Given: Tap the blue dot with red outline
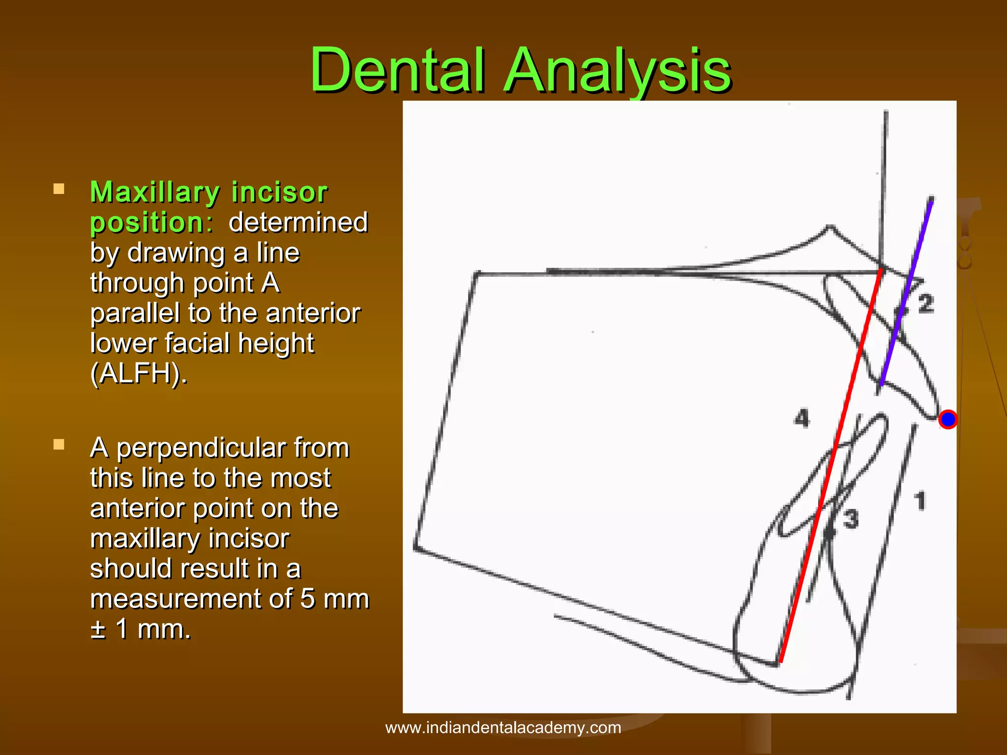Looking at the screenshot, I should pos(948,419).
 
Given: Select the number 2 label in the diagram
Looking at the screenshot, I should pos(925,303).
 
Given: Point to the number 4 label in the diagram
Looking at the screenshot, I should pos(801,418).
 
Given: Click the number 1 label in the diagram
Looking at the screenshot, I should pos(920,501).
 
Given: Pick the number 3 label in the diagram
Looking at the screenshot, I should pos(851,519).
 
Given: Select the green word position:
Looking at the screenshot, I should pos(151,222).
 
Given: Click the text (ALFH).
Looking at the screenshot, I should pos(139,374).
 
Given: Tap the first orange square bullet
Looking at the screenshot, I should pos(59,189).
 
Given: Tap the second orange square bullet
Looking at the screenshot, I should pos(59,445).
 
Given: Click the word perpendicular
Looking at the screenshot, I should pos(233,448).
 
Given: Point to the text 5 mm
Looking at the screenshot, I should pos(334,599).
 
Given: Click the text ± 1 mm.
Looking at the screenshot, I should pos(141,629).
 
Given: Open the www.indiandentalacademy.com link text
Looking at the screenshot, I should pos(503,727).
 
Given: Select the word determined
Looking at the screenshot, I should pos(298,222).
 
